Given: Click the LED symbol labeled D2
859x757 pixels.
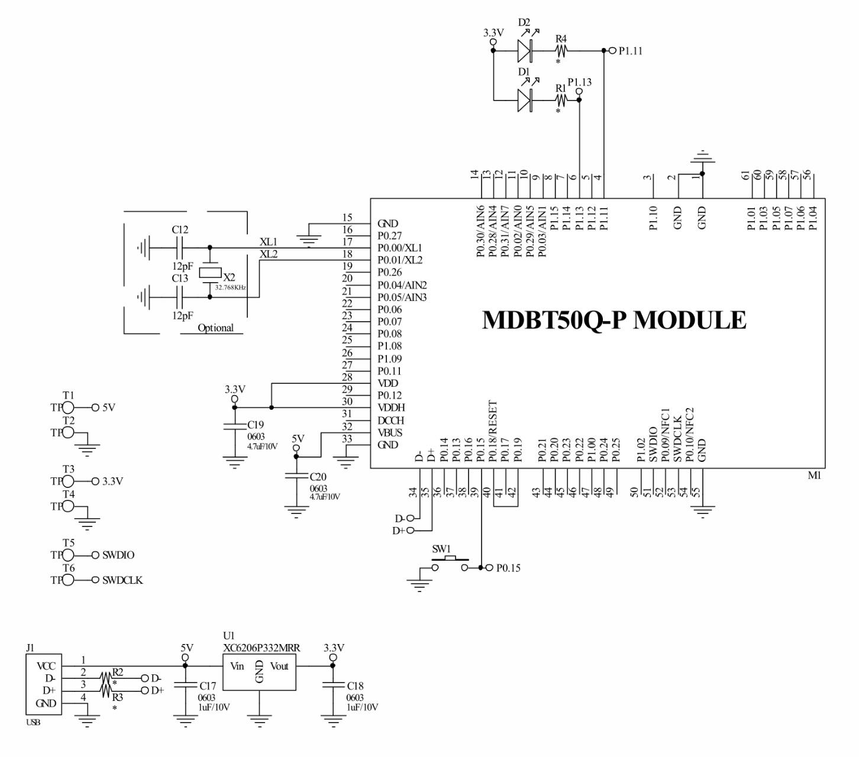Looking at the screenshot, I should pyautogui.click(x=525, y=51).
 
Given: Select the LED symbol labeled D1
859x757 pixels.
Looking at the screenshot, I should pyautogui.click(x=525, y=100).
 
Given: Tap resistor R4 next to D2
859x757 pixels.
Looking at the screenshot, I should pyautogui.click(x=560, y=51).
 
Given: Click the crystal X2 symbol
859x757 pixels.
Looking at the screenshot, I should pyautogui.click(x=209, y=273).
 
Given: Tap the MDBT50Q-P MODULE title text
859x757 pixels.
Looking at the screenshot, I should pyautogui.click(x=614, y=320).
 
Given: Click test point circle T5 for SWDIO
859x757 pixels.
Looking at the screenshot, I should pyautogui.click(x=68, y=555).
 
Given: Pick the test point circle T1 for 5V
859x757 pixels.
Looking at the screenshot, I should pyautogui.click(x=68, y=407).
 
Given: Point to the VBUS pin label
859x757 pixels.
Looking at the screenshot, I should pyautogui.click(x=390, y=433).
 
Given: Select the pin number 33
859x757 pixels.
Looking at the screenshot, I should pyautogui.click(x=347, y=439).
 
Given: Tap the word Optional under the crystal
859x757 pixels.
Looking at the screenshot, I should pyautogui.click(x=215, y=328).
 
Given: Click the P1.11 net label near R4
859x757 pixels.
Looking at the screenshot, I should pyautogui.click(x=630, y=51).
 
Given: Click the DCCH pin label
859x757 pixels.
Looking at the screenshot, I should pyautogui.click(x=390, y=420).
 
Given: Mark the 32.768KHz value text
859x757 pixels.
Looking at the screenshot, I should pyautogui.click(x=231, y=287).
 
